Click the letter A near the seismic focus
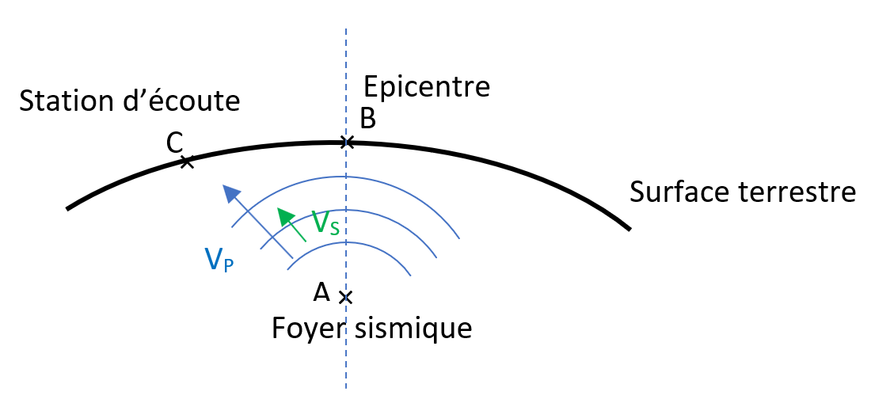click(321, 291)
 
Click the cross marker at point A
click(346, 297)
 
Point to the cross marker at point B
click(347, 143)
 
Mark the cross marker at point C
click(187, 162)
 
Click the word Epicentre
click(427, 88)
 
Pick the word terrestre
click(789, 192)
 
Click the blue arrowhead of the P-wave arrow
click(230, 193)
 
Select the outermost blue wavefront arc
click(344, 177)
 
